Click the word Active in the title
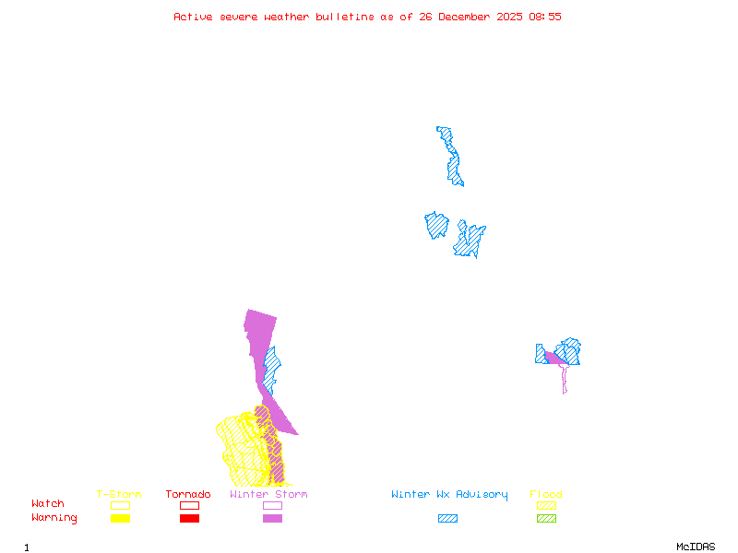click(192, 17)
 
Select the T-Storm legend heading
click(119, 495)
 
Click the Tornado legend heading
click(188, 495)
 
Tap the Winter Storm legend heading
click(268, 495)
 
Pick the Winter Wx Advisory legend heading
click(449, 495)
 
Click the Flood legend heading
click(546, 495)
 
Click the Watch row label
click(48, 504)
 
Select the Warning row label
click(54, 518)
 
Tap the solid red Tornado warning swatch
click(189, 518)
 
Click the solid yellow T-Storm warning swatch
click(120, 518)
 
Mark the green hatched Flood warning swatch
click(546, 518)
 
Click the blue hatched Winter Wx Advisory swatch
click(447, 518)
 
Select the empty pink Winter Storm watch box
click(272, 505)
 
